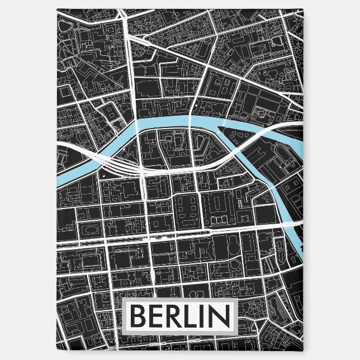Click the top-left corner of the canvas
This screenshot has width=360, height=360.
pyautogui.click(x=57, y=8)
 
